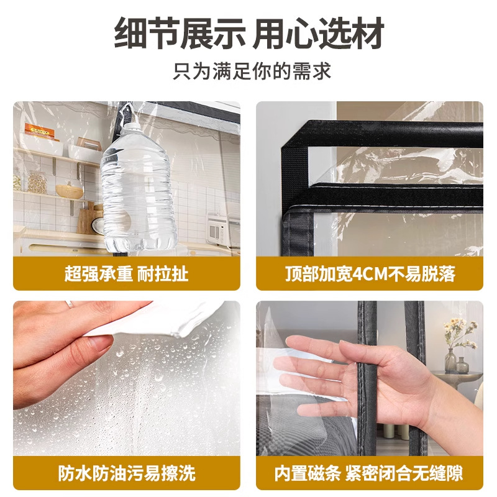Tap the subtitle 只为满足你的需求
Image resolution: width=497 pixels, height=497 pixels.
(x=248, y=70)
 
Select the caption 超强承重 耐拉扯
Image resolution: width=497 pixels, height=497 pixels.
(x=126, y=273)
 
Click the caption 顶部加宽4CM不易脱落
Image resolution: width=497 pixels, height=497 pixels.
(x=369, y=273)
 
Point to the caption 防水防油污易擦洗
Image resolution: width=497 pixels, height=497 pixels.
(x=126, y=473)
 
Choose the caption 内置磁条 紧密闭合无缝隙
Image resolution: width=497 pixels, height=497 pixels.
(x=369, y=473)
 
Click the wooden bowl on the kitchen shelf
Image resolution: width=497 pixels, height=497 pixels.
(x=69, y=191)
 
